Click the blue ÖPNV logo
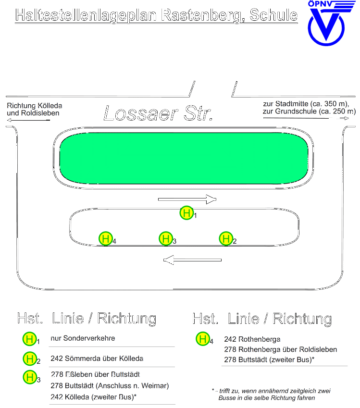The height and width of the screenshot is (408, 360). pyautogui.click(x=327, y=23)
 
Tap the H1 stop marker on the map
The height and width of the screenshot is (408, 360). pyautogui.click(x=186, y=213)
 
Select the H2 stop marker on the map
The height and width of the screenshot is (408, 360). pyautogui.click(x=226, y=238)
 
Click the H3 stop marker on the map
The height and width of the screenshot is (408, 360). pyautogui.click(x=166, y=238)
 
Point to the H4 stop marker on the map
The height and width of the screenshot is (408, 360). pyautogui.click(x=106, y=238)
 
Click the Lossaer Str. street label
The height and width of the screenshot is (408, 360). pyautogui.click(x=158, y=113)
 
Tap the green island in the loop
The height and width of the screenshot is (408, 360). pyautogui.click(x=184, y=159)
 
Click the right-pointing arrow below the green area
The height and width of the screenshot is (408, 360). pyautogui.click(x=187, y=199)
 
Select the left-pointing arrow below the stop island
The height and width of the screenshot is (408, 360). pyautogui.click(x=192, y=260)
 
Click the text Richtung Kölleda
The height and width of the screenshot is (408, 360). pyautogui.click(x=34, y=106)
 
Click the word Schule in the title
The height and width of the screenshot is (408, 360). pyautogui.click(x=273, y=15)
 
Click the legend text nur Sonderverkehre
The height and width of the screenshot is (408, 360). pyautogui.click(x=83, y=338)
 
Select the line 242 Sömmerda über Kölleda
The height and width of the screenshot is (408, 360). pyautogui.click(x=97, y=359)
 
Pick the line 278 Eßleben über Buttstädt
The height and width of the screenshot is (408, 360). pyautogui.click(x=95, y=374)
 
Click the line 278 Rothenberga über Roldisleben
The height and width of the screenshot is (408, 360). pyautogui.click(x=281, y=349)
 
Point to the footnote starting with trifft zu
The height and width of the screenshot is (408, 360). pyautogui.click(x=271, y=394)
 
